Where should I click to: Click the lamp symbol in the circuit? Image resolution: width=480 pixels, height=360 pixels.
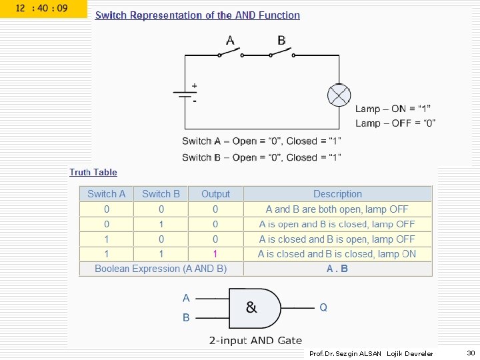coord(339,95)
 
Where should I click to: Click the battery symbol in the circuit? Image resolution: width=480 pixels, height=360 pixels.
coord(185,94)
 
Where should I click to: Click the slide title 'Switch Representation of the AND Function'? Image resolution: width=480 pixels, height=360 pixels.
coord(197,15)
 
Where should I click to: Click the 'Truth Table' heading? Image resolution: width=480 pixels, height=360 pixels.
coord(93,172)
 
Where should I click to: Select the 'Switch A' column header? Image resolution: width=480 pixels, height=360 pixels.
coord(106,194)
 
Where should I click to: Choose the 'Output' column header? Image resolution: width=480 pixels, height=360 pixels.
coord(215,194)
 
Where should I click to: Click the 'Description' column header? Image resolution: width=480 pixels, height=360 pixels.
coord(337,194)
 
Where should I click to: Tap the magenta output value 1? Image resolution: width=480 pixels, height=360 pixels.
coord(215,254)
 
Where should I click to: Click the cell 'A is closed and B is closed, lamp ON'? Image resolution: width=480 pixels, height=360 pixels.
coord(337,254)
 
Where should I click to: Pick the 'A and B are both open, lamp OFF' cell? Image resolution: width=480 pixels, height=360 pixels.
coord(337,209)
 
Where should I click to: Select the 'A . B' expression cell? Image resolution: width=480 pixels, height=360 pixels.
coord(337,269)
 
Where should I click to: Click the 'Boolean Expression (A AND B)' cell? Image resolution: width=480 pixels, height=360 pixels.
coord(161,269)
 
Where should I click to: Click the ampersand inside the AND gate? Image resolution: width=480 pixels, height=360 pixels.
coord(251,307)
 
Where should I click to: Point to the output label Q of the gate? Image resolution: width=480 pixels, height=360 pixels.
coord(323,307)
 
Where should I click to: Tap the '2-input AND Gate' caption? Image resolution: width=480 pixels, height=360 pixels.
coord(255,341)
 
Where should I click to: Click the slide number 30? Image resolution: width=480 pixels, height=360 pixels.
coord(471,353)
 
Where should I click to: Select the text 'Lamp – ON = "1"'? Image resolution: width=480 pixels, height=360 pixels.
coord(393,109)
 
